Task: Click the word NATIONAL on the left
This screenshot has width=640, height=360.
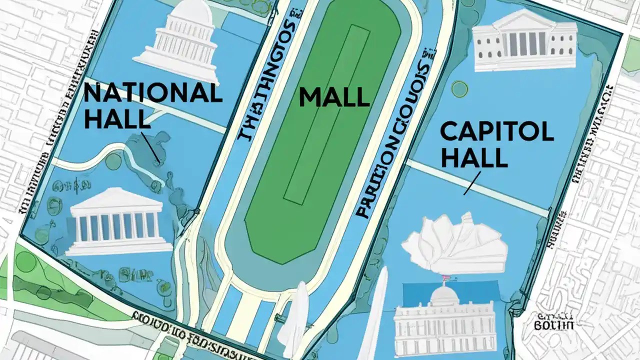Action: coord(152,93)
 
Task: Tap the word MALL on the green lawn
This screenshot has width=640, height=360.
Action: coord(334,97)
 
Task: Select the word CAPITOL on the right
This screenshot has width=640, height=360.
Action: coord(496,131)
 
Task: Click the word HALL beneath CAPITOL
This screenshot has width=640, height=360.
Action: coord(474,157)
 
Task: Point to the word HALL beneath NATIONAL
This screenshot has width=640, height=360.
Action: coord(116,119)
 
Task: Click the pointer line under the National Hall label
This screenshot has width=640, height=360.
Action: coord(150,147)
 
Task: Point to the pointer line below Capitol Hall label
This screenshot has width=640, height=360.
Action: coord(472,182)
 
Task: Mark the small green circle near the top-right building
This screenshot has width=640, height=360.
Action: coord(459,89)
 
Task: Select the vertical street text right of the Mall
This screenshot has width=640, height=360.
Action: coord(390,145)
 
